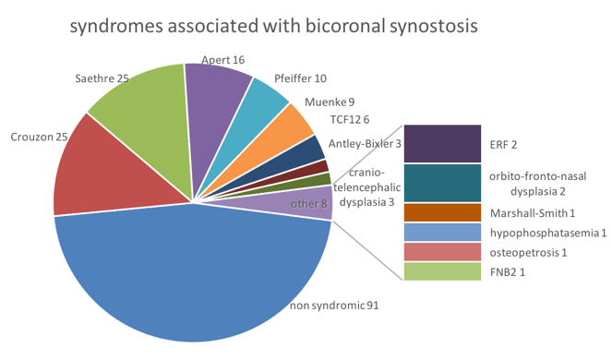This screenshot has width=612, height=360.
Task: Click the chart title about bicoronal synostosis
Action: [273, 27]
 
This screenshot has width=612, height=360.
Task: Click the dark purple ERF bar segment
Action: [442, 144]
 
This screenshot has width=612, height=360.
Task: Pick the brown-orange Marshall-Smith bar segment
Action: [442, 212]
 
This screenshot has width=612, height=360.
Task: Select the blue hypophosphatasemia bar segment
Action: [442, 233]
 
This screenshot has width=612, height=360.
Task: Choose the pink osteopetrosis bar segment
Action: [442, 252]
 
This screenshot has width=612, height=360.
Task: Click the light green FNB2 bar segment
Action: [442, 271]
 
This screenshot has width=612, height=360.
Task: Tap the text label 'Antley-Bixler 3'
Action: [365, 143]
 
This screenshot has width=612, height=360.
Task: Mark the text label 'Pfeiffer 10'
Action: [300, 78]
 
